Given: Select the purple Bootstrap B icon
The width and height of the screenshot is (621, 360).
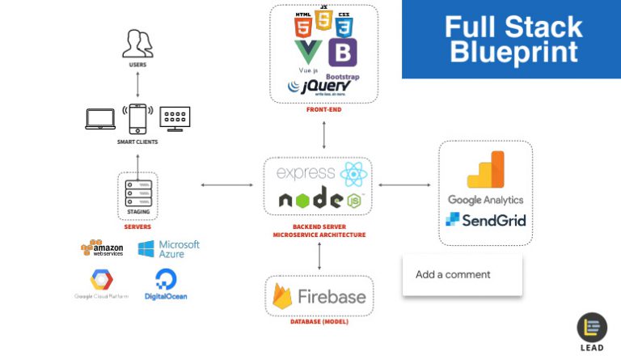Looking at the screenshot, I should (344, 53).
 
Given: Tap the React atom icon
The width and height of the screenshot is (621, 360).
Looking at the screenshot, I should (353, 174).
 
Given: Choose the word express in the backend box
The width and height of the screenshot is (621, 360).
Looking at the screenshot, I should (306, 173).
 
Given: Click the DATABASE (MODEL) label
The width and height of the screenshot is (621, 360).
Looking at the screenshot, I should (319, 322).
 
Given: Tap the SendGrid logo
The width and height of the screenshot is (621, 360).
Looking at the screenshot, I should (485, 219).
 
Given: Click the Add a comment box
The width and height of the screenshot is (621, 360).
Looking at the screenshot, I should (462, 274).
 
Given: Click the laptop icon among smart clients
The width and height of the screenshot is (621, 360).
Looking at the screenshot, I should (101, 118).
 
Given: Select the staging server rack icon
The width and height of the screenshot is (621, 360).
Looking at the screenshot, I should (137, 192).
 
